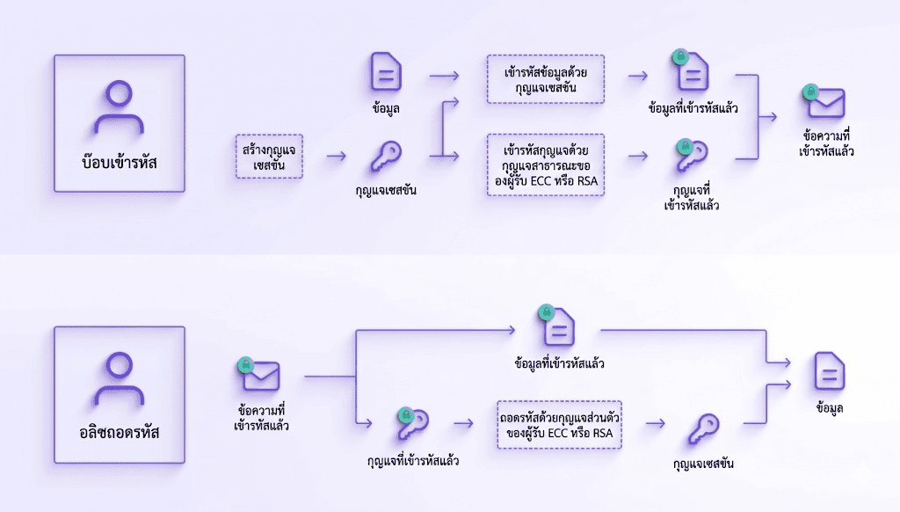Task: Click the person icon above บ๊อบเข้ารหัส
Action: pyautogui.click(x=119, y=108)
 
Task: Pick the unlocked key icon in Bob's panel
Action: pyautogui.click(x=384, y=157)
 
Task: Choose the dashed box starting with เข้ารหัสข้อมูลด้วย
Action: pyautogui.click(x=545, y=78)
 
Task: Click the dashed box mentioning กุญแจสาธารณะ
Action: pyautogui.click(x=545, y=164)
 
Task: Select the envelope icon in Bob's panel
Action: pyautogui.click(x=826, y=103)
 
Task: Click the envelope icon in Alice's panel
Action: pyautogui.click(x=261, y=376)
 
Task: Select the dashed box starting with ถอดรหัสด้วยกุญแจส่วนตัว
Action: pyautogui.click(x=560, y=423)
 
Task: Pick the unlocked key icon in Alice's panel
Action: pyautogui.click(x=703, y=427)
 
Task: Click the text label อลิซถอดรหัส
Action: pyautogui.click(x=120, y=433)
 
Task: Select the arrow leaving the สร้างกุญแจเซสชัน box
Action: pyautogui.click(x=336, y=157)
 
